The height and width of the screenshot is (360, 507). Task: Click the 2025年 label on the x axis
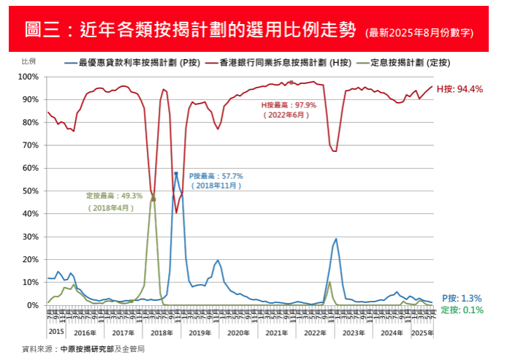422,333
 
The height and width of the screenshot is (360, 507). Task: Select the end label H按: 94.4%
460,89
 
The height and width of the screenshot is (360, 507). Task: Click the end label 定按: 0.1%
462,310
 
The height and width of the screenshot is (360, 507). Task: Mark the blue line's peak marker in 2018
176,174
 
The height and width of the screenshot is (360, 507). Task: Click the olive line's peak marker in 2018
153,198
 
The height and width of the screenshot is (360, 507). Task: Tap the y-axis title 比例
28,63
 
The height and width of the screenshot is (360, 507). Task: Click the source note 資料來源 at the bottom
83,349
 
